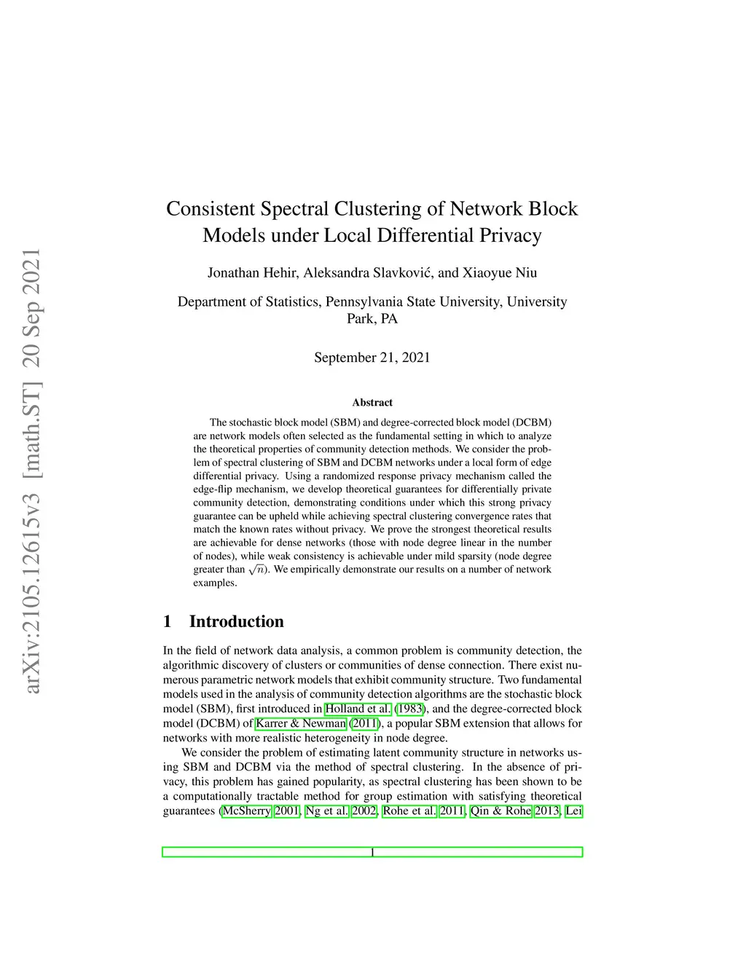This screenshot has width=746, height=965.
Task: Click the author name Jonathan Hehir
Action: pos(252,273)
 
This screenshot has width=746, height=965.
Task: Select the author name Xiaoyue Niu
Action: pos(500,273)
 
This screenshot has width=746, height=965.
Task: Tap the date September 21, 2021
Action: pos(372,358)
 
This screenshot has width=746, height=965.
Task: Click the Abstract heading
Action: pos(372,403)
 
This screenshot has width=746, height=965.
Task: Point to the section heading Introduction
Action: pos(236,621)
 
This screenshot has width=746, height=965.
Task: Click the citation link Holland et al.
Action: pos(358,709)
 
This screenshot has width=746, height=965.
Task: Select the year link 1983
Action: pos(409,709)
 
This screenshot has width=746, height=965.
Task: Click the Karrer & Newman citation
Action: pos(301,723)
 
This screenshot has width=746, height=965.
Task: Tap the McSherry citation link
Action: pos(246,811)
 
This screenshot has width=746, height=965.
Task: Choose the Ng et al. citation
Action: pos(326,811)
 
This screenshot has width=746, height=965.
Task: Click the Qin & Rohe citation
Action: pos(500,811)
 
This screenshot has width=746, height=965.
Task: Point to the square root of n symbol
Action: pos(256,570)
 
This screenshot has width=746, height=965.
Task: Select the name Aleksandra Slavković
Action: pos(368,273)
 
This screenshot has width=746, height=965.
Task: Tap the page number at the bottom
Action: pos(372,852)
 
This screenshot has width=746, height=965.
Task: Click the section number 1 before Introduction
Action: pos(168,621)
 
